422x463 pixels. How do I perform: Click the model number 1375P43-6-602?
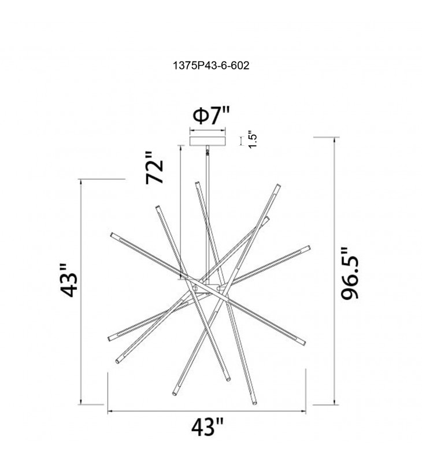pos(211,65)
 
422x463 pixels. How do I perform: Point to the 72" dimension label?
pos(154,168)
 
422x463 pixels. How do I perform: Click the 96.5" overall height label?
pos(350,273)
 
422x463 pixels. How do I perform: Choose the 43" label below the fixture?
pos(208,427)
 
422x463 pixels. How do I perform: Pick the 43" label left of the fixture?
pos(69,280)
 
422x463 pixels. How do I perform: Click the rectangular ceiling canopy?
pos(208,141)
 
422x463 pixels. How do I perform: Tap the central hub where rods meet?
pos(206,289)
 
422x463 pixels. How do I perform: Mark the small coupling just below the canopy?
pos(208,152)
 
